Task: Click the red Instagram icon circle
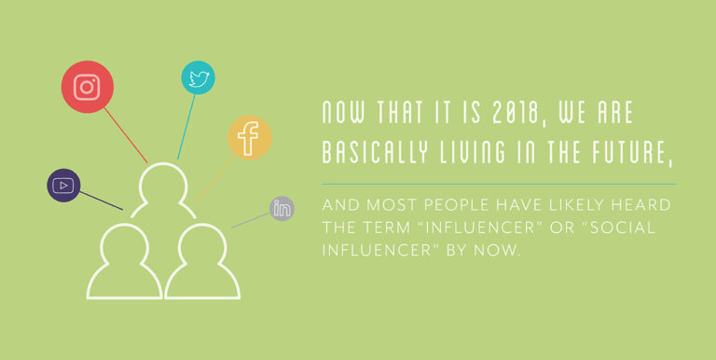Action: pyautogui.click(x=87, y=88)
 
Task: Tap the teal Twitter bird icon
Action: pyautogui.click(x=198, y=78)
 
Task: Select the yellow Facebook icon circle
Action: pyautogui.click(x=249, y=138)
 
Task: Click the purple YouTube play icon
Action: pyautogui.click(x=63, y=185)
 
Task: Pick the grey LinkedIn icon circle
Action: pyautogui.click(x=282, y=208)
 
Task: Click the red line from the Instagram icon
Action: pyautogui.click(x=126, y=135)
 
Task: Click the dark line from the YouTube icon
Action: pyautogui.click(x=101, y=201)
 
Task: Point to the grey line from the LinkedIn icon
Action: pyautogui.click(x=250, y=220)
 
